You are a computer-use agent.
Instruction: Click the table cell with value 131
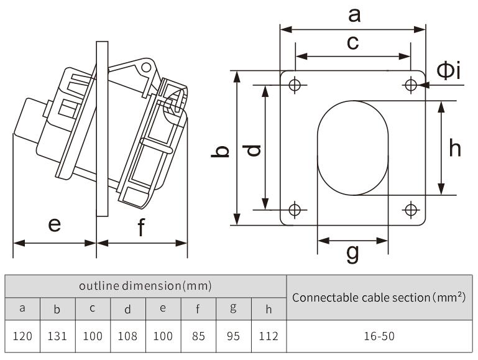57,336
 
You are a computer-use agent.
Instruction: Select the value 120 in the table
22,336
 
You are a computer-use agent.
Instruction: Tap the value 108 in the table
127,336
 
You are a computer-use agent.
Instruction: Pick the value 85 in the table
198,336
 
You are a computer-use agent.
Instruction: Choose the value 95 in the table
234,336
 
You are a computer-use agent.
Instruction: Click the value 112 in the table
269,336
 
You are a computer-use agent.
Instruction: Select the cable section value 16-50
379,336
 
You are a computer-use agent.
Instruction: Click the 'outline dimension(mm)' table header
145,286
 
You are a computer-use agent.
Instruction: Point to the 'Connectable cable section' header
379,297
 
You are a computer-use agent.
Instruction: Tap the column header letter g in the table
234,308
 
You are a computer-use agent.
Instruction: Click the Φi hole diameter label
448,71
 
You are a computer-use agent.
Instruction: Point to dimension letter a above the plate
353,14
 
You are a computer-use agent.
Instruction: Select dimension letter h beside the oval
455,148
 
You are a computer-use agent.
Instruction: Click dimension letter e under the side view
55,224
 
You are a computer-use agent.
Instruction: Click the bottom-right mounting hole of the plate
410,210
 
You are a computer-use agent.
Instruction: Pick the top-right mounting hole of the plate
410,85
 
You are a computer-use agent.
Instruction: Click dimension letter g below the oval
352,253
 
